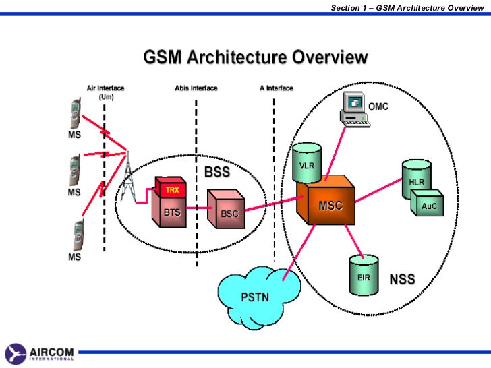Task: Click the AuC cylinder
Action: pyautogui.click(x=429, y=205)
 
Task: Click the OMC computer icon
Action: pyautogui.click(x=354, y=109)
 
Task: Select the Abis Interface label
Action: pyautogui.click(x=196, y=88)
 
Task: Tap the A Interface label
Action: pyautogui.click(x=277, y=88)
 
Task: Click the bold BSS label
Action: pyautogui.click(x=216, y=173)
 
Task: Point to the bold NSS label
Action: pyautogui.click(x=402, y=279)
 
